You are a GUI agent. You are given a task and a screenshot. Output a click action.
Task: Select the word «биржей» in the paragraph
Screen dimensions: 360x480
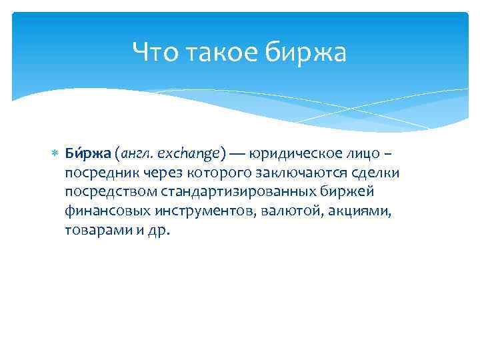[351, 192]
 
